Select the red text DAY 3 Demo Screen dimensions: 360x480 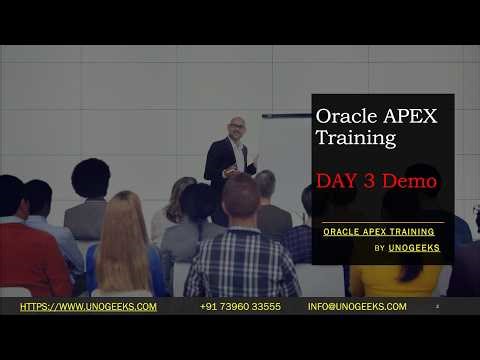coord(376,182)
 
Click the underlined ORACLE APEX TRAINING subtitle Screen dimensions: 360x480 coord(378,231)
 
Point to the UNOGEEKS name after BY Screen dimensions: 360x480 coord(414,247)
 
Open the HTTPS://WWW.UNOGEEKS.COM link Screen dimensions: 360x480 coord(88,306)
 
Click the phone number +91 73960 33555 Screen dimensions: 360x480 coord(240,306)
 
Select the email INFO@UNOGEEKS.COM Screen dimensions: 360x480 coord(357,306)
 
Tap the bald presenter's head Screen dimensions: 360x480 coord(236,127)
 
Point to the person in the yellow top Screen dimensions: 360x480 coord(395,280)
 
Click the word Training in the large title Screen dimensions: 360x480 coord(350,138)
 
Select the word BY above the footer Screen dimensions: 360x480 coord(380,247)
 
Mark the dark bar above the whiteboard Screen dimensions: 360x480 coord(286,116)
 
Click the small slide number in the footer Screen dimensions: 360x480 coord(437,307)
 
